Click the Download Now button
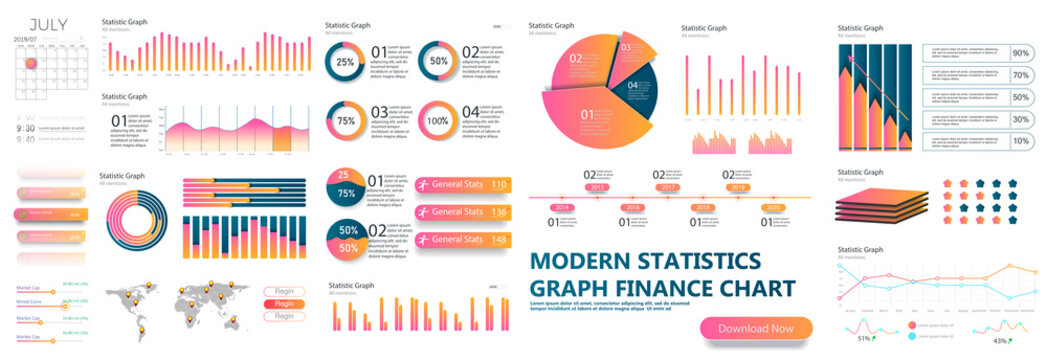pyautogui.click(x=755, y=328)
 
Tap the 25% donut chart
pyautogui.click(x=345, y=61)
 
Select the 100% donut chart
pyautogui.click(x=437, y=121)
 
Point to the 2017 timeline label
pyautogui.click(x=668, y=187)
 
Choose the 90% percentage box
pyautogui.click(x=1021, y=53)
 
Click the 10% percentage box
pyautogui.click(x=1021, y=141)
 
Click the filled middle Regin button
pyautogui.click(x=284, y=304)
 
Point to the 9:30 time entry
pyautogui.click(x=27, y=128)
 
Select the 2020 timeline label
pyautogui.click(x=770, y=207)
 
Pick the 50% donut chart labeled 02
pyautogui.click(x=437, y=61)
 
